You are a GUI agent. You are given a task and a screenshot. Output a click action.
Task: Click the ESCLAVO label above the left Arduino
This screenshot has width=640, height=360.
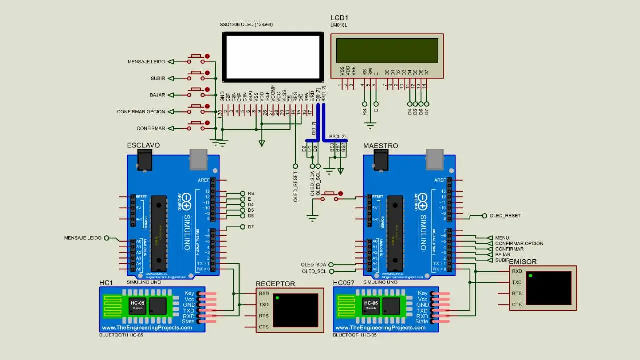[x=143, y=145]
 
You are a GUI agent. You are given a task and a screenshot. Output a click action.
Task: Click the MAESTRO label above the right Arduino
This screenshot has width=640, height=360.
[x=380, y=146]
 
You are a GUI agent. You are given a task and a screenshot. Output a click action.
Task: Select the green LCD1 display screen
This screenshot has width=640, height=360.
[x=387, y=50]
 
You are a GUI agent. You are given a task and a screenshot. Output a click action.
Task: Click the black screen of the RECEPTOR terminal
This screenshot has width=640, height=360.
[x=296, y=310]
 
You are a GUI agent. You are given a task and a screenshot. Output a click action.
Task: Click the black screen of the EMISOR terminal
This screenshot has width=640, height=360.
[x=549, y=288]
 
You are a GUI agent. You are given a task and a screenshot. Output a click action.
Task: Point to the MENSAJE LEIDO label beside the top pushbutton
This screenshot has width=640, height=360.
[x=146, y=62]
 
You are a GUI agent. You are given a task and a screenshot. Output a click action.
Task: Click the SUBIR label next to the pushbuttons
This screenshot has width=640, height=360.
[x=158, y=78]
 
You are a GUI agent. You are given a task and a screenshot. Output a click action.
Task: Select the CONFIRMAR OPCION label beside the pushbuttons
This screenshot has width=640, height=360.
[x=141, y=112]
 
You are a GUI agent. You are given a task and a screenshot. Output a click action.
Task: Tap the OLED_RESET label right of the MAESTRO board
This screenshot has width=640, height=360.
[x=505, y=216]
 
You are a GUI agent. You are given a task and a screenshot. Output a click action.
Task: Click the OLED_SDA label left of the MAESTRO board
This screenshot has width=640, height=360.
[x=313, y=265]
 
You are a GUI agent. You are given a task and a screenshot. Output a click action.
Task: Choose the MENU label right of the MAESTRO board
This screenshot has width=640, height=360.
[x=502, y=238]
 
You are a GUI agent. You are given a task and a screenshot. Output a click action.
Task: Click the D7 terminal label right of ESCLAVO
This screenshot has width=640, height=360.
[x=251, y=227]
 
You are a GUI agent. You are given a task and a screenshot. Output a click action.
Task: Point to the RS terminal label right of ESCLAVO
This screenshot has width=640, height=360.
[x=251, y=193]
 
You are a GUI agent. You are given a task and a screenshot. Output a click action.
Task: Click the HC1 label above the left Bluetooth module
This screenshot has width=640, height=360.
[x=106, y=283]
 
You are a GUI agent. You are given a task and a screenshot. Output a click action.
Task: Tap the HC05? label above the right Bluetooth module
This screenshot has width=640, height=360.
[x=343, y=283]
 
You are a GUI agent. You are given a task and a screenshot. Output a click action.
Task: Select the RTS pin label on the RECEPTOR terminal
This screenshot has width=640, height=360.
[x=263, y=316]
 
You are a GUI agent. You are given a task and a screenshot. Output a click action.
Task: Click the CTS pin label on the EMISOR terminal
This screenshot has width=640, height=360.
[x=517, y=304]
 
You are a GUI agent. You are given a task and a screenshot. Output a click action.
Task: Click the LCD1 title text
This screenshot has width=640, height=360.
[x=339, y=18]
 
